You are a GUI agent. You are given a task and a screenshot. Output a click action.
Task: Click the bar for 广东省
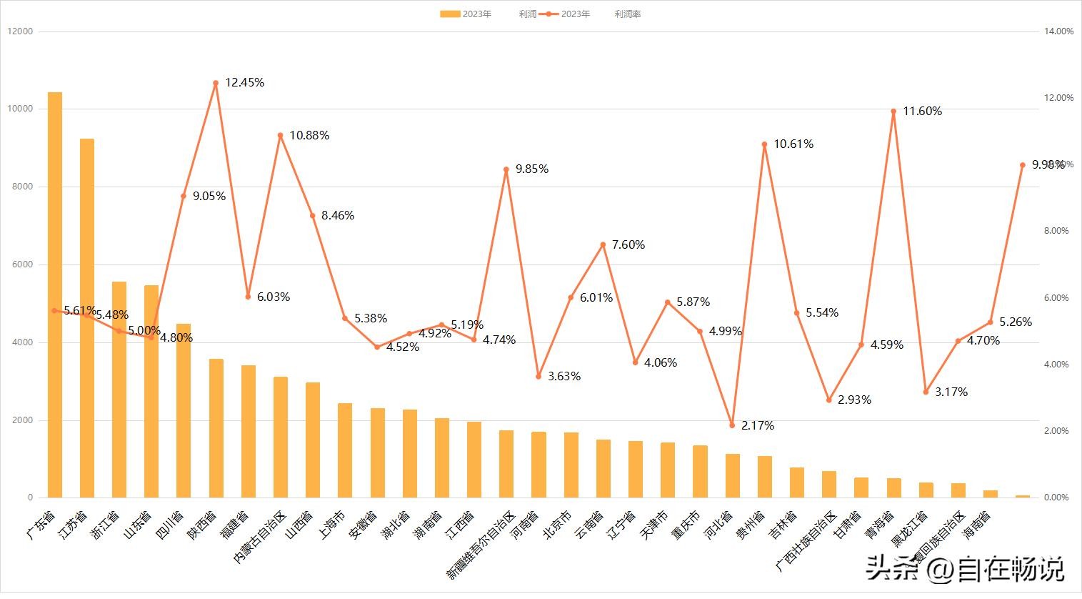pyautogui.click(x=55, y=294)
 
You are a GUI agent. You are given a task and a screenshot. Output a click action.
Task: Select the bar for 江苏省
pyautogui.click(x=87, y=318)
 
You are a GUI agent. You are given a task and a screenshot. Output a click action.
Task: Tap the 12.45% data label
pyautogui.click(x=244, y=83)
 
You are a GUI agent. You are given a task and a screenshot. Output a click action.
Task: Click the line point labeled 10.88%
pyautogui.click(x=280, y=135)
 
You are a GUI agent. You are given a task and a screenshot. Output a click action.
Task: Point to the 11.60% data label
pyautogui.click(x=922, y=112)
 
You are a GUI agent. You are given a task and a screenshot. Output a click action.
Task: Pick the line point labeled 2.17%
pyautogui.click(x=732, y=425)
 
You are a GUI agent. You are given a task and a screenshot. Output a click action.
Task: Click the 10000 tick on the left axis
pyautogui.click(x=19, y=109)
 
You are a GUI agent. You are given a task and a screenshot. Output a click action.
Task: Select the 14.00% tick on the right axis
pyautogui.click(x=1058, y=31)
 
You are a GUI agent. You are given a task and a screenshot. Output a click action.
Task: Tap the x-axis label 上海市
pyautogui.click(x=332, y=525)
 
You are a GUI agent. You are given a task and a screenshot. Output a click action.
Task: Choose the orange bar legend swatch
pyautogui.click(x=450, y=14)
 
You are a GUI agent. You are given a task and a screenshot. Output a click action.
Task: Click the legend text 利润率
pyautogui.click(x=627, y=14)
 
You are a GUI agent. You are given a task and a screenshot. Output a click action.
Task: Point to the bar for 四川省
pyautogui.click(x=184, y=410)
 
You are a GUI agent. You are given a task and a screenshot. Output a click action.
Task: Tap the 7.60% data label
pyautogui.click(x=628, y=245)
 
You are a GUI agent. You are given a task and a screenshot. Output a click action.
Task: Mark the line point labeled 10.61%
pyautogui.click(x=764, y=144)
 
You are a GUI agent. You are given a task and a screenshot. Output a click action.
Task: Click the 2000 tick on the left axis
pyautogui.click(x=21, y=420)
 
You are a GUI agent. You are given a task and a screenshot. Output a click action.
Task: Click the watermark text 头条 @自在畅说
pyautogui.click(x=964, y=569)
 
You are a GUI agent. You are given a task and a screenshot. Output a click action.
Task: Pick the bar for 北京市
pyautogui.click(x=571, y=465)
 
